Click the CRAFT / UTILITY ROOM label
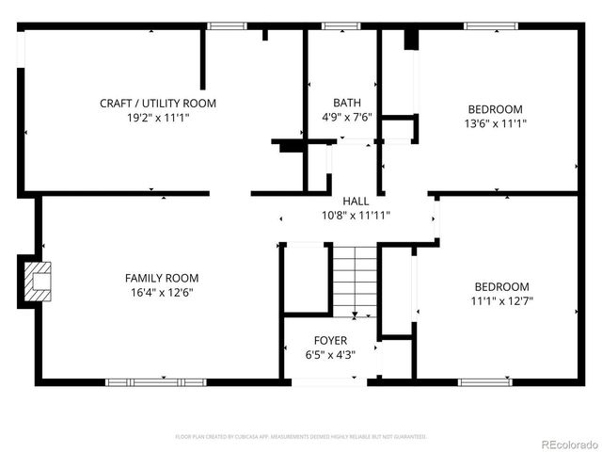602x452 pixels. click(x=158, y=103)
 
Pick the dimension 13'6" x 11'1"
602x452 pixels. click(x=495, y=123)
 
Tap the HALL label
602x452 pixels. click(x=356, y=201)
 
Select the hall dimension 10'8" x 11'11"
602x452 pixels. click(x=356, y=215)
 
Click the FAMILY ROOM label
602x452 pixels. click(x=162, y=278)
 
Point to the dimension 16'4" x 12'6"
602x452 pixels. click(x=162, y=293)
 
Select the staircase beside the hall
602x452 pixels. click(x=355, y=280)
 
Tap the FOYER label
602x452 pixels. click(x=330, y=340)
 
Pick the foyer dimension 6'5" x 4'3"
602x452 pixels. click(x=330, y=355)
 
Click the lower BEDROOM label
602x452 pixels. click(x=500, y=286)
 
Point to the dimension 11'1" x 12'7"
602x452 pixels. click(x=500, y=301)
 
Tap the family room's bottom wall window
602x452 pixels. click(x=142, y=381)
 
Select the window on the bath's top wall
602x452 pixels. click(x=335, y=26)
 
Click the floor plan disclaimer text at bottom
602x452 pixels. click(x=301, y=437)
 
